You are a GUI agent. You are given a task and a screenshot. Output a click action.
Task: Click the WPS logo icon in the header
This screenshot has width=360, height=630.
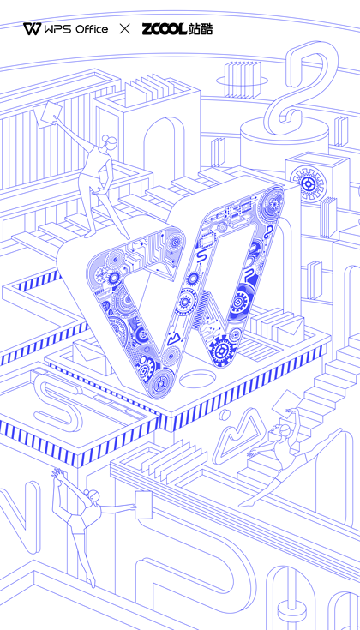pyautogui.click(x=32, y=29)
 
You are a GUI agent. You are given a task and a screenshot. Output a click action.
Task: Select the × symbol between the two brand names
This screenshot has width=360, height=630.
pyautogui.click(x=125, y=29)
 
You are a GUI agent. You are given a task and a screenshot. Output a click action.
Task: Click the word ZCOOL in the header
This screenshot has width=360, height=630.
pyautogui.click(x=164, y=29)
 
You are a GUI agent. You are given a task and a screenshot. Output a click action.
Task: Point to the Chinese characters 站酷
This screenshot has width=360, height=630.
pyautogui.click(x=200, y=29)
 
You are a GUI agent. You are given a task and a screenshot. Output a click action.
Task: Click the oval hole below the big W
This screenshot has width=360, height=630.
pyautogui.click(x=198, y=379)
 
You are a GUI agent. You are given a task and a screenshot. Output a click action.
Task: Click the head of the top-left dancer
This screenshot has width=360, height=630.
pyautogui.click(x=110, y=141)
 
